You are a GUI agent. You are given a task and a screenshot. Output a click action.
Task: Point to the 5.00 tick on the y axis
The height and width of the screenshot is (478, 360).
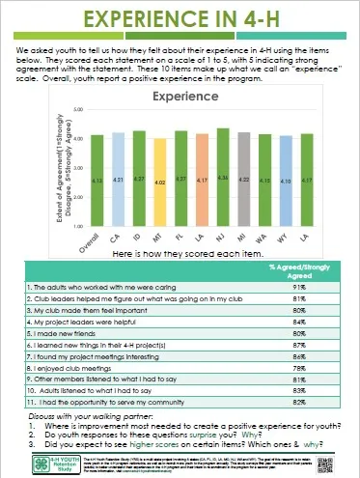pos(77,113)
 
